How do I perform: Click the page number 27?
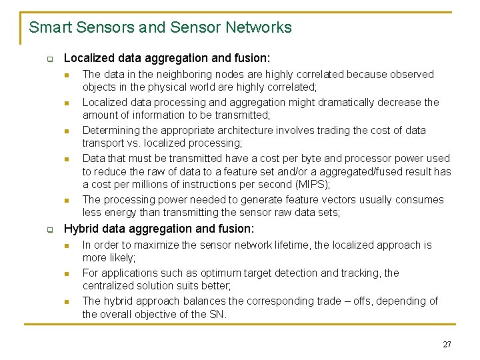pos(447,345)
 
